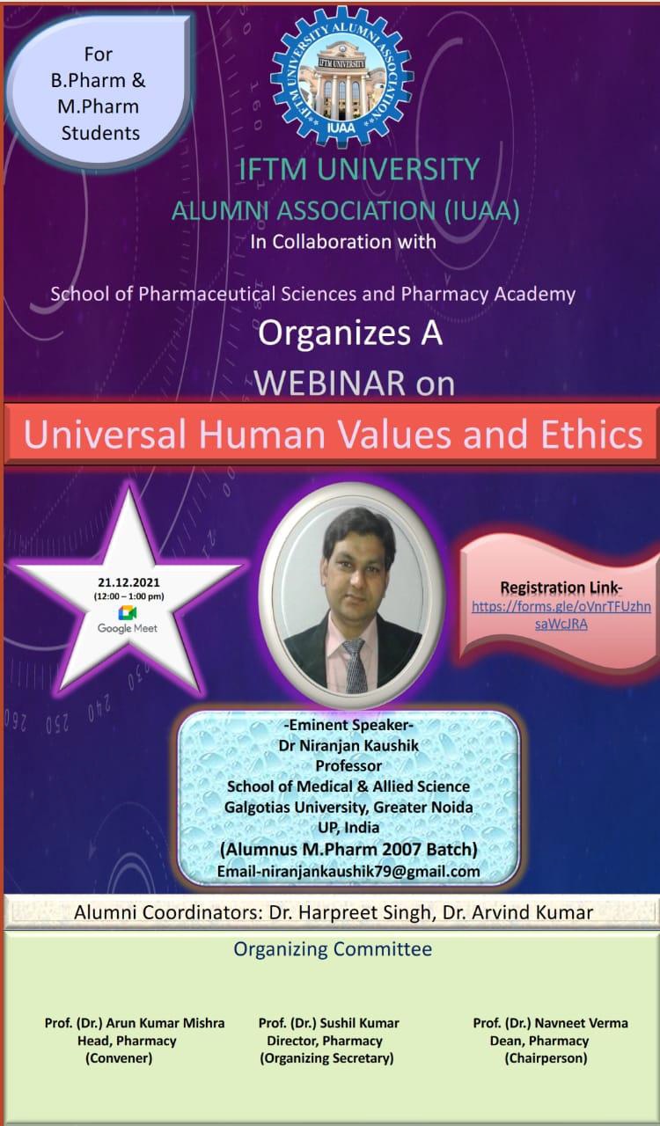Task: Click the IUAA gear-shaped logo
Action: (342, 77)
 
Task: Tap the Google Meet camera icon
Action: (128, 613)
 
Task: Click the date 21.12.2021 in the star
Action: (128, 582)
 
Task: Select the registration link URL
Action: (561, 615)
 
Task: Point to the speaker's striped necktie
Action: (356, 665)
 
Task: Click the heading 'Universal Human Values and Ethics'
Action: (333, 434)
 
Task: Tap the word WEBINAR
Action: (330, 383)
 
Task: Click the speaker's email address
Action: (348, 871)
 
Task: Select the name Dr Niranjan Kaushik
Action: (348, 745)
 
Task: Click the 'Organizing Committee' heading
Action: (333, 948)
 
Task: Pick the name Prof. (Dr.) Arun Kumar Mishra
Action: (135, 1023)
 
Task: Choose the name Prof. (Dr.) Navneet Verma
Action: (550, 1023)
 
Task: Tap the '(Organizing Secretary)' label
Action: (326, 1058)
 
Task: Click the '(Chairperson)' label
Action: (546, 1058)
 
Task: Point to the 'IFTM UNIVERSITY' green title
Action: (359, 169)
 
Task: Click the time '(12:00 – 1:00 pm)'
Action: (128, 596)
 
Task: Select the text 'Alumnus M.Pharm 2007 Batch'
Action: (348, 849)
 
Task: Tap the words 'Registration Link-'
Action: (561, 588)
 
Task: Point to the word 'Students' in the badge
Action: (100, 133)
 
